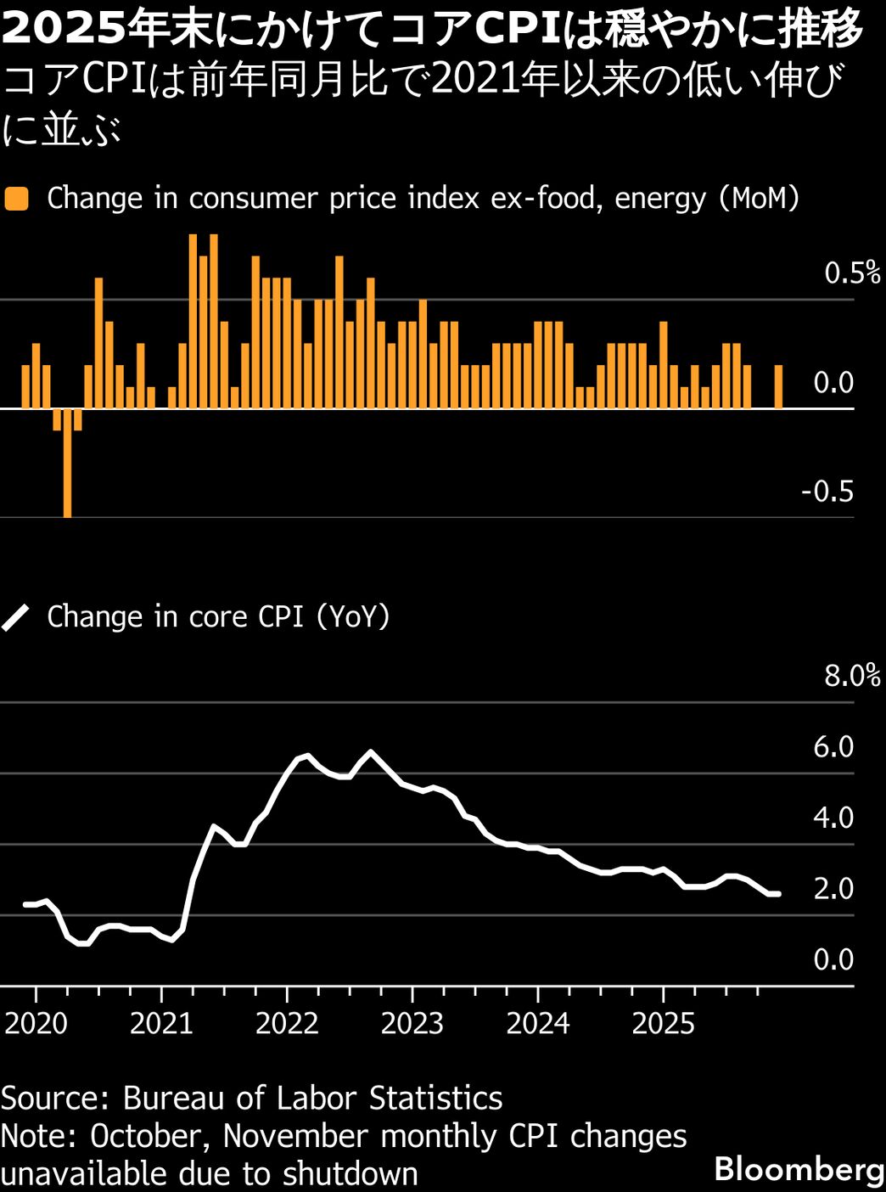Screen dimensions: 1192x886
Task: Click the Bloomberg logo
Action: click(x=799, y=1169)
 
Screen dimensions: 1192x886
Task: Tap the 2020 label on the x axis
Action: click(x=36, y=1023)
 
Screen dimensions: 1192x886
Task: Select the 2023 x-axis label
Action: click(x=412, y=1023)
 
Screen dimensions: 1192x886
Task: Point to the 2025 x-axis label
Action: click(x=663, y=1023)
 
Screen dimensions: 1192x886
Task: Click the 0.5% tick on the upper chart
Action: click(x=852, y=273)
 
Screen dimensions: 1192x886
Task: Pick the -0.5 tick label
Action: click(x=827, y=492)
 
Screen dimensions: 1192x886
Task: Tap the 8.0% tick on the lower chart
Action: click(x=852, y=676)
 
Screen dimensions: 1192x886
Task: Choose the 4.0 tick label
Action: click(x=833, y=818)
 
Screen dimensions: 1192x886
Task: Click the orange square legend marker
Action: click(x=16, y=199)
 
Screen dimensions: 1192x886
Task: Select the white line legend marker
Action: click(x=16, y=617)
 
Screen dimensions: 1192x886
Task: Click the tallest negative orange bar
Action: click(x=67, y=463)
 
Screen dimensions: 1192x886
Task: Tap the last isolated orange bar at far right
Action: click(x=778, y=387)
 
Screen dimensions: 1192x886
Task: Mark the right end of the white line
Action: click(x=777, y=894)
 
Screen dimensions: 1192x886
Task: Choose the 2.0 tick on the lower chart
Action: click(x=833, y=889)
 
